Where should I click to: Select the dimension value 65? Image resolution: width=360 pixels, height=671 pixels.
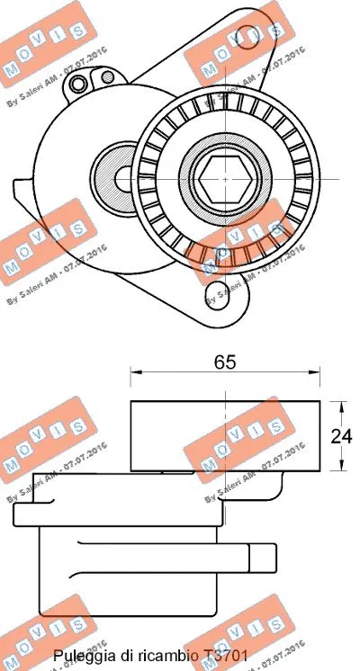tap(225, 362)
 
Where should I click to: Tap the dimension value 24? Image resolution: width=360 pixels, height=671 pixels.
tap(342, 436)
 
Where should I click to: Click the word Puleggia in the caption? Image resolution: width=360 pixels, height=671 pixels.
tap(82, 658)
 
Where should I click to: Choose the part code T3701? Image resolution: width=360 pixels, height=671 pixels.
tap(222, 658)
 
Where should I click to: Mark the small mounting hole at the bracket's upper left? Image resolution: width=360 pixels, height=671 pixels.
tap(79, 85)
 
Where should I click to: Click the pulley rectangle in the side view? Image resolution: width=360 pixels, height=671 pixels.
tap(225, 435)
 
